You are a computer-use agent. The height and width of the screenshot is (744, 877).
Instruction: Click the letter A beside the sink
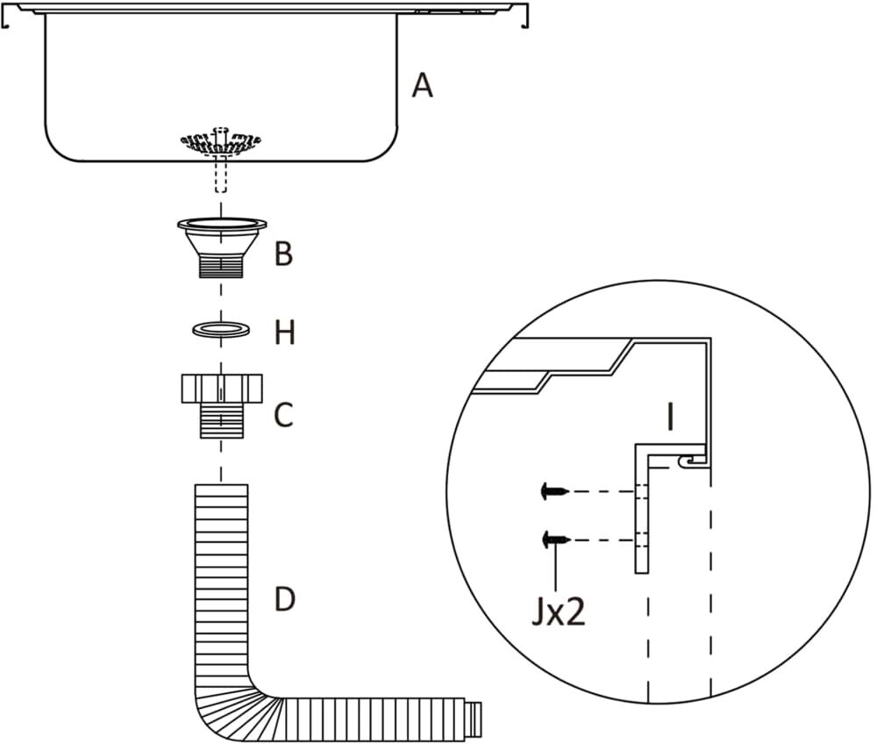(x=423, y=87)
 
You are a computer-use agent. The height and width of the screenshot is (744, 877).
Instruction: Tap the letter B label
(x=283, y=254)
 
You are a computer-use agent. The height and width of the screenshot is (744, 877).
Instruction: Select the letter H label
(x=285, y=333)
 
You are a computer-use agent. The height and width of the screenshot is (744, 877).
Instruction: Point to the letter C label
(x=283, y=415)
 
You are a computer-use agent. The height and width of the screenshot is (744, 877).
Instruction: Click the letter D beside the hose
(x=284, y=598)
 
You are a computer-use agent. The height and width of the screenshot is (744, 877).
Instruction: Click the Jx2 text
(x=558, y=612)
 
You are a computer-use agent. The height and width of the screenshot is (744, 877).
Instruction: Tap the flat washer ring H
(x=221, y=329)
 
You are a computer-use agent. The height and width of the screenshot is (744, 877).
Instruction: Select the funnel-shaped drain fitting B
(x=222, y=247)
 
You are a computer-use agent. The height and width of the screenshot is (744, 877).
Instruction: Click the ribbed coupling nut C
(x=222, y=406)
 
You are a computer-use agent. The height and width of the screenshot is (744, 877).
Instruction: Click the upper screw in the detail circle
(x=555, y=491)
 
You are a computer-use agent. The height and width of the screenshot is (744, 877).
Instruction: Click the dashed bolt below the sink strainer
(x=221, y=175)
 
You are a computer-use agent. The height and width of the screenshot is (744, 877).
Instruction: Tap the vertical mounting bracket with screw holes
(x=642, y=508)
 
